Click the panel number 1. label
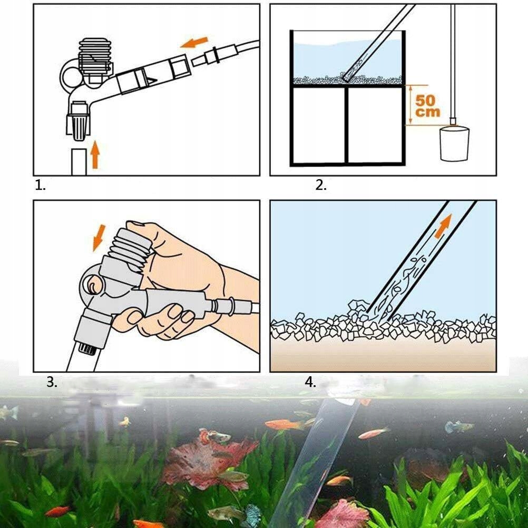[40, 185]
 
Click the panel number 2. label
[321, 185]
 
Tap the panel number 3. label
[52, 382]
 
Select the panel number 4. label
[310, 382]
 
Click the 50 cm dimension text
[427, 106]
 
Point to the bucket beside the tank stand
[454, 143]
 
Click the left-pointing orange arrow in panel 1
[194, 43]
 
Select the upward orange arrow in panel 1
[95, 155]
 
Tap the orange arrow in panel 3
[99, 238]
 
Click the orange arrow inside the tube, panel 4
[443, 227]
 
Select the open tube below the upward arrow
[79, 162]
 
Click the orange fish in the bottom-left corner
[57, 512]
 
